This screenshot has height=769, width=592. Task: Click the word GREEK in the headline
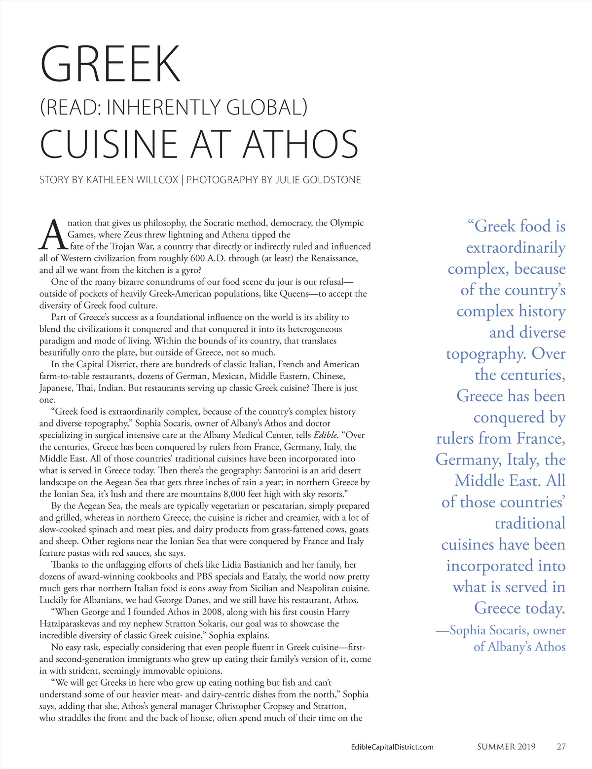111,64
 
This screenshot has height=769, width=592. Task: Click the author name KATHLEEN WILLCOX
132,180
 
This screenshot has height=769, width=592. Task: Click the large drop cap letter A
53,235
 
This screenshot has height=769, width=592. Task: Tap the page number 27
561,746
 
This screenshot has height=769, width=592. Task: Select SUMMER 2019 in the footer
506,746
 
